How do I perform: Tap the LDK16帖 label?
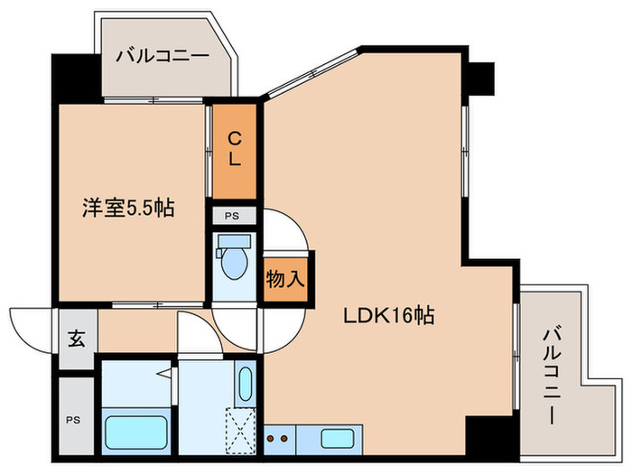(389, 316)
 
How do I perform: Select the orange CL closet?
(234, 150)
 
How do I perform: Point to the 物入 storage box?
(283, 279)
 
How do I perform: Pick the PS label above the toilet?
(233, 216)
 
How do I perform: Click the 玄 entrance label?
(77, 339)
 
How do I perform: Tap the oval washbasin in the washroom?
(246, 383)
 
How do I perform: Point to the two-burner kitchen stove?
(283, 440)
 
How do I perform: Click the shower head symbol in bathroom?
(165, 373)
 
